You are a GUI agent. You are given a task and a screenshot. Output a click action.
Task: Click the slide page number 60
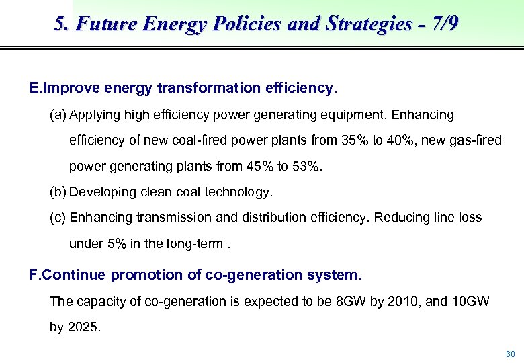tap(510, 354)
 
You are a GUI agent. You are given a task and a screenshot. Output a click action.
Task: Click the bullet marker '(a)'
tap(58, 115)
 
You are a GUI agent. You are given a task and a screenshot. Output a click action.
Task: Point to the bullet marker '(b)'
tap(58, 192)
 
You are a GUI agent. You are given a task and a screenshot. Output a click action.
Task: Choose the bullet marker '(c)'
tap(58, 218)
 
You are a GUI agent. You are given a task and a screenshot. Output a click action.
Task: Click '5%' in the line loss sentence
tap(116, 243)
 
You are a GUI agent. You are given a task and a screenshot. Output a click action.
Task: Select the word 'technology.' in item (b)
tap(241, 192)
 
